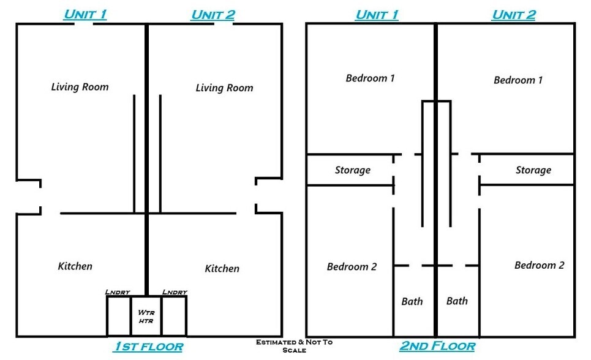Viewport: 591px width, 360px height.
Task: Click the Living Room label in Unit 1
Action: point(80,87)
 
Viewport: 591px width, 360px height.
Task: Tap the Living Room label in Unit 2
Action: point(224,88)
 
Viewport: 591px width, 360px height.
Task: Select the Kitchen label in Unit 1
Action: point(75,266)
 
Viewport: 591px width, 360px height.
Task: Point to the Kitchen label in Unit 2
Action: point(222,268)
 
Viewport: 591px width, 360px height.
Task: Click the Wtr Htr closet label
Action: point(146,317)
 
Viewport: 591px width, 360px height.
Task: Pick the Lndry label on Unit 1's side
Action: point(117,292)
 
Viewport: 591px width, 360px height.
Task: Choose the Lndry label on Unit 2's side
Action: point(175,292)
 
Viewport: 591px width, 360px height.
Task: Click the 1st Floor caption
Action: point(148,347)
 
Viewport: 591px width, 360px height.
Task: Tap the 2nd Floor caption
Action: point(437,347)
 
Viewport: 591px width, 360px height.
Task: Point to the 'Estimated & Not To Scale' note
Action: point(295,346)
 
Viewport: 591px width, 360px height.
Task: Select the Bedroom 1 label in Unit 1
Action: point(370,78)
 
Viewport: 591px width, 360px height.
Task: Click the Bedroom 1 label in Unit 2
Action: point(518,80)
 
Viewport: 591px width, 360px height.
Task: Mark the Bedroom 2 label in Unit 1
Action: point(352,266)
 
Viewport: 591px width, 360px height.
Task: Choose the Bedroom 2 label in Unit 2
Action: point(539,265)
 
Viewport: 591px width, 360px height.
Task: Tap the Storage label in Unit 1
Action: point(352,170)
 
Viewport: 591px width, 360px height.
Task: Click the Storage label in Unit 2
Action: point(533,170)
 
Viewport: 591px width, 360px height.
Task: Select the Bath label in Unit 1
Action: point(412,301)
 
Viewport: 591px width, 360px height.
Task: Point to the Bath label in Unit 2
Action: point(457,301)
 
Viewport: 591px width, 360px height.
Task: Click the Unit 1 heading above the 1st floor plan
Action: point(85,14)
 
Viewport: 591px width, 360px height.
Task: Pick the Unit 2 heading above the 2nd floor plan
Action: point(514,14)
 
